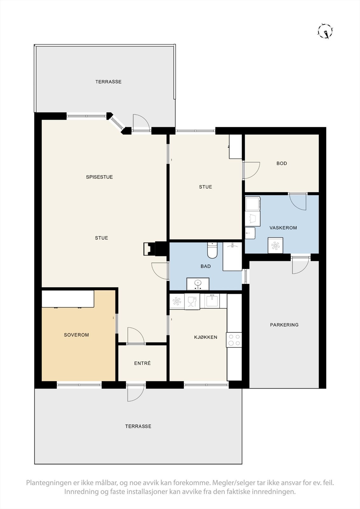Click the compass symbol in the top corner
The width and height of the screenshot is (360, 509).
325,31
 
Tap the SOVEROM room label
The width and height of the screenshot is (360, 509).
76,335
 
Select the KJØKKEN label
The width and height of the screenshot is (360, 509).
206,337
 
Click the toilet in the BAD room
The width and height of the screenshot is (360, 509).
212,250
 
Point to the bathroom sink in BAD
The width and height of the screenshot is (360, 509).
198,283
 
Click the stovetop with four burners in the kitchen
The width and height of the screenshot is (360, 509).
234,340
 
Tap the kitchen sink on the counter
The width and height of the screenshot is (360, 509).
211,301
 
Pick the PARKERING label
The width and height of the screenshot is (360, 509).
284,325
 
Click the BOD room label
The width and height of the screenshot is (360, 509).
282,163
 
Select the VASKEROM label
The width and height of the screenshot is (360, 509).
283,228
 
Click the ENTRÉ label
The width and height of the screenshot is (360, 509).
142,363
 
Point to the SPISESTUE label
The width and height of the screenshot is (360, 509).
99,177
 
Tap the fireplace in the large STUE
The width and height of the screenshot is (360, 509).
148,248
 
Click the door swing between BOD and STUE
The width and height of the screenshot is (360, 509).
251,170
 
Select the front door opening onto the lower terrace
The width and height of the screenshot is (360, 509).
136,393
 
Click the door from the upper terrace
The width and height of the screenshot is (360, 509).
141,122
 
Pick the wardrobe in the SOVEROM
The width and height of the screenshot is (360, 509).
68,299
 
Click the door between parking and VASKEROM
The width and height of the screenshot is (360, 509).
300,265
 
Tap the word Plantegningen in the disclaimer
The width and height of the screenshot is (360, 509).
48,483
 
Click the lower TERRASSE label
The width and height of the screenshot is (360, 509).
138,426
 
